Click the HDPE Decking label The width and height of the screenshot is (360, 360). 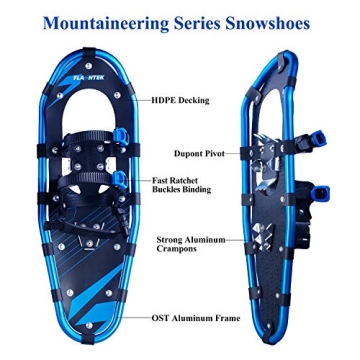(x=180, y=101)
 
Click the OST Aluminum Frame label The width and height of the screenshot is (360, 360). (x=195, y=318)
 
